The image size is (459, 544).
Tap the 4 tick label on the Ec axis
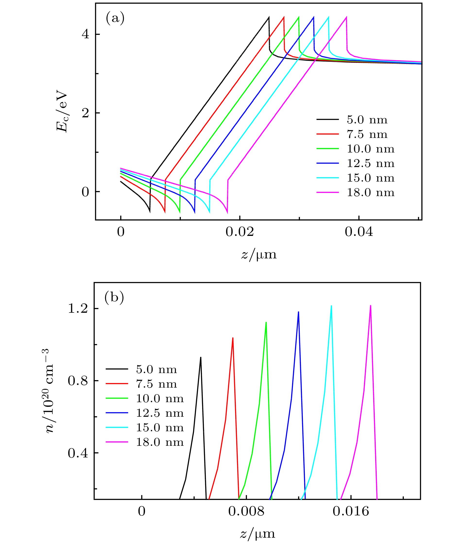[85, 34]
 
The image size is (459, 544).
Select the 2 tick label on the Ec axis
[85, 113]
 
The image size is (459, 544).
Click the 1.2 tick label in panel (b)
[77, 309]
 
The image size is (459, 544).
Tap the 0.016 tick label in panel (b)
[351, 512]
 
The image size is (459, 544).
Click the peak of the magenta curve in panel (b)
[370, 305]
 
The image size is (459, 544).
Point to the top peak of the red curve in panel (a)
[284, 17]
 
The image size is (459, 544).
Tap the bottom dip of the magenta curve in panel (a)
[227, 213]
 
